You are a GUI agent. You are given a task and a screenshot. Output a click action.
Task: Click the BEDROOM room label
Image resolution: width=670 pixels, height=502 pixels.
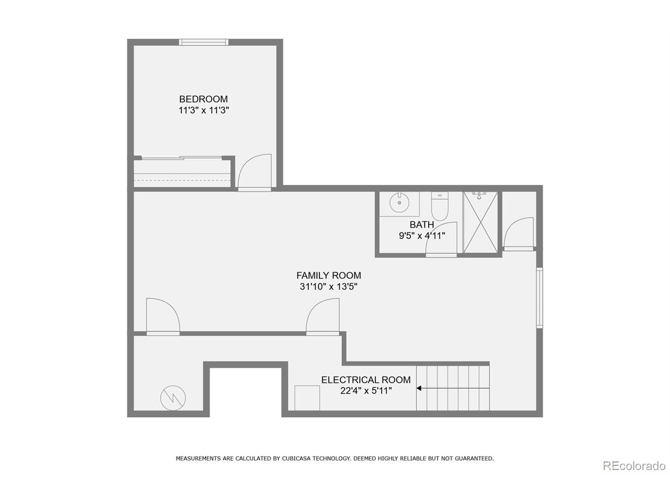(x=203, y=99)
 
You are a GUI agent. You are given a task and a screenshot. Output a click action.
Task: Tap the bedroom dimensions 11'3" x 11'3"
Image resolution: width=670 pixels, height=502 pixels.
(x=204, y=110)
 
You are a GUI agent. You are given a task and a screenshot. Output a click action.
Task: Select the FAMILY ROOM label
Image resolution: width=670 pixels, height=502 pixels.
(x=328, y=275)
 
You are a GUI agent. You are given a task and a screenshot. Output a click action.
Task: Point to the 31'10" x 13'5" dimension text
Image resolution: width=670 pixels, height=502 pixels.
(x=328, y=287)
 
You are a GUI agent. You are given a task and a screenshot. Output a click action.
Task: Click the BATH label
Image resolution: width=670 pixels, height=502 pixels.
(x=421, y=225)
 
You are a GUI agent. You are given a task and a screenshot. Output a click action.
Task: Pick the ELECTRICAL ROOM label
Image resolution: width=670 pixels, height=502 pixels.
(x=366, y=380)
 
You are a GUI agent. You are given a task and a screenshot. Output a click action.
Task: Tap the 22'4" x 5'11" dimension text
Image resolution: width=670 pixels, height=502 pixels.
(x=366, y=391)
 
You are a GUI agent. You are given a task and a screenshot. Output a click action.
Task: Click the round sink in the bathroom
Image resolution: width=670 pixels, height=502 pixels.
(x=399, y=202)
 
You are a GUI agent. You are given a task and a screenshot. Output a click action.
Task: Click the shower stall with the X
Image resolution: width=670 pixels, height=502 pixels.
(x=480, y=222)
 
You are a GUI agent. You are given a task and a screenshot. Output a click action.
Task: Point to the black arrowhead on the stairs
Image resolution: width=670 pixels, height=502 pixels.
(x=419, y=388)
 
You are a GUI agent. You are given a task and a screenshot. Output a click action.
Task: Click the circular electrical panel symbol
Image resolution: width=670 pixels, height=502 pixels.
(x=173, y=398)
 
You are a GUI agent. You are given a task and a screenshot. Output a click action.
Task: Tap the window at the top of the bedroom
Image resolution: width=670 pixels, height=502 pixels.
(x=203, y=42)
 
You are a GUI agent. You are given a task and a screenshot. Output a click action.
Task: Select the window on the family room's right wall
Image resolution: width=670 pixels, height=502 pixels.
(x=539, y=298)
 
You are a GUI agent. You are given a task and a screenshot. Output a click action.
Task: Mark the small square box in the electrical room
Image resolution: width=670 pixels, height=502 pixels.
(x=307, y=398)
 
